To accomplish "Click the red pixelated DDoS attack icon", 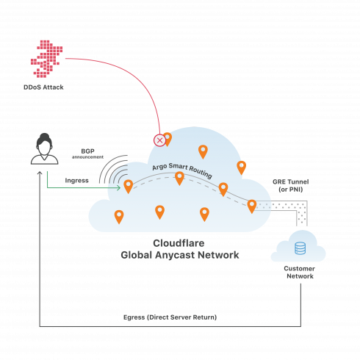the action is tap(46, 59).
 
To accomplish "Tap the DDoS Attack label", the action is tap(43, 87).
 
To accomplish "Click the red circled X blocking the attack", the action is tap(159, 140).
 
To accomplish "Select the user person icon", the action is tap(44, 149).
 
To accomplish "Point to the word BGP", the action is tap(87, 151).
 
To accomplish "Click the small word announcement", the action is tap(87, 157).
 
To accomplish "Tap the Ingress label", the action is tap(76, 181).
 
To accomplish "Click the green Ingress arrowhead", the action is tap(118, 188).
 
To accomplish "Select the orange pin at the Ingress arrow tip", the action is tap(129, 187).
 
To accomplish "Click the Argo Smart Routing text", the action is tap(182, 170).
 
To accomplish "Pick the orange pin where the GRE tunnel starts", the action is tap(252, 206).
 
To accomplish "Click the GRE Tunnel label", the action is tap(291, 181).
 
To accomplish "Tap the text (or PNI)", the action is tap(291, 190).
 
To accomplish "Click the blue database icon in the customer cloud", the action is tap(300, 248).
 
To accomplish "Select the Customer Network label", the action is tap(300, 272).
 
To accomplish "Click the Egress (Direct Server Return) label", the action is tap(170, 317).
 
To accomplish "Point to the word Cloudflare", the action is tap(179, 243).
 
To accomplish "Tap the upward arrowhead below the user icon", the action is tap(40, 173).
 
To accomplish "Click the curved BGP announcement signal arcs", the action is tap(113, 169).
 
